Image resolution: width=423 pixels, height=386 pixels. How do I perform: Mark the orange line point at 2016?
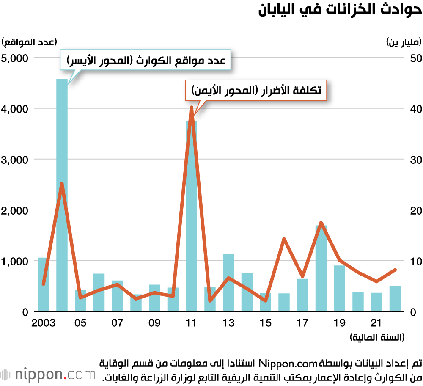pos(284,239)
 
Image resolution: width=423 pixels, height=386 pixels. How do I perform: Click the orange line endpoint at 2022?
pos(395,270)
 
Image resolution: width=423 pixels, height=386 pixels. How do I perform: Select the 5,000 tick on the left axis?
pos(14,58)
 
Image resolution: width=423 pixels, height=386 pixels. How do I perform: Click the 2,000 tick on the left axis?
pos(14,210)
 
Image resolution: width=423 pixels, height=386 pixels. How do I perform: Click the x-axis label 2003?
pos(44,323)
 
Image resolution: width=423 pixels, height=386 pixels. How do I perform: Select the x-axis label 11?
pos(191,323)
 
